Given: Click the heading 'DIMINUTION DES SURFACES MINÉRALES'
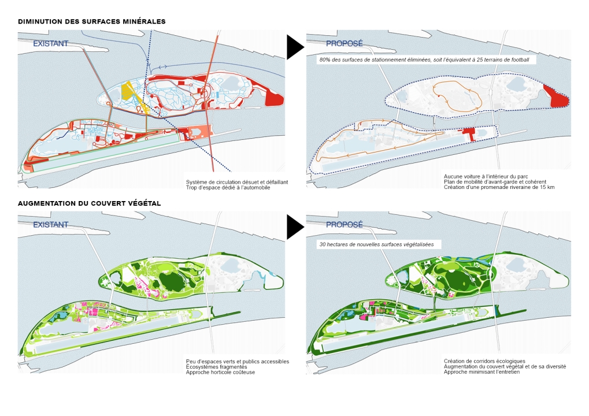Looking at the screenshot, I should (92, 21).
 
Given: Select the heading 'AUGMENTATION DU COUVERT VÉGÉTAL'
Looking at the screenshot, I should (89, 203).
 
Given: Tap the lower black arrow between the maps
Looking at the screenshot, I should (294, 227).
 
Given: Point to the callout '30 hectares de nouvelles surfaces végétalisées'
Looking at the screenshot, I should (379, 244).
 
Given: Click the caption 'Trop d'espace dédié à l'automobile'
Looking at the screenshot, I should (228, 188).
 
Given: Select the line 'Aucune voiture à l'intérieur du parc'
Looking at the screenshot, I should (486, 176).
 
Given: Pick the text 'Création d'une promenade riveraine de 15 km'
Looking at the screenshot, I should (499, 187).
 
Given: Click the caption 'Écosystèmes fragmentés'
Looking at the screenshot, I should (216, 367).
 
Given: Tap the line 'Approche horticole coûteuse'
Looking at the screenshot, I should (220, 373).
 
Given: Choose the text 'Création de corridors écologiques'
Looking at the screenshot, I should (484, 361).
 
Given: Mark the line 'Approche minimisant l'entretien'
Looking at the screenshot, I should (481, 373).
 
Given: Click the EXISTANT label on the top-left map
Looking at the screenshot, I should (50, 43).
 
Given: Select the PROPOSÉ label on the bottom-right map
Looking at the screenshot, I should (344, 224).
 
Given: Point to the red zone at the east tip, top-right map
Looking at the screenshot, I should (558, 97).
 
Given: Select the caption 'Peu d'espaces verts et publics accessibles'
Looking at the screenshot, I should (237, 361).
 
